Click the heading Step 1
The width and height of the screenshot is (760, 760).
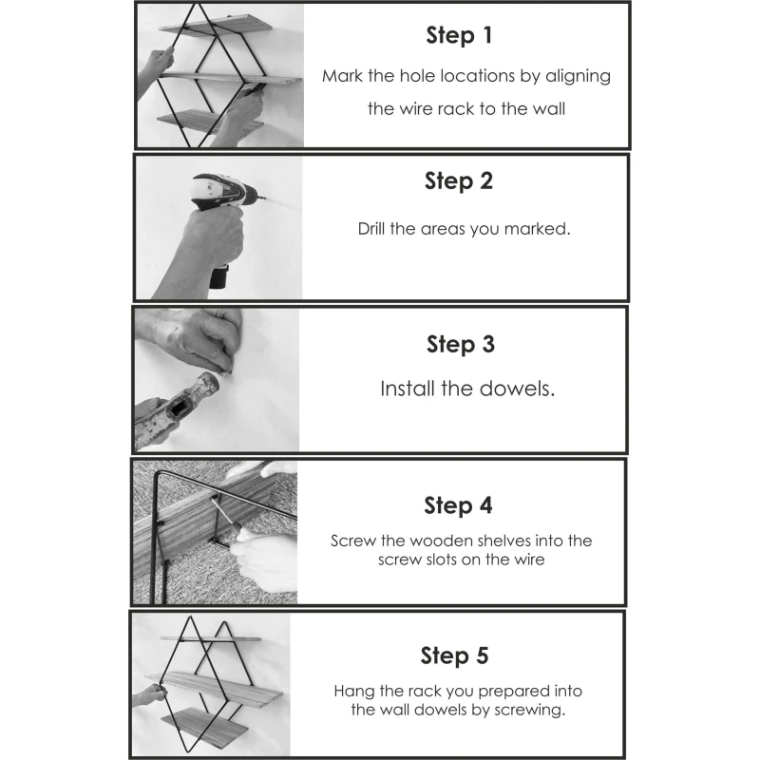[x=459, y=35]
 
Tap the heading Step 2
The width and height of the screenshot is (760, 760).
[x=459, y=181]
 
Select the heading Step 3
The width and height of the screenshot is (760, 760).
[x=461, y=344]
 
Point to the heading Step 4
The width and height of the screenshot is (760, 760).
[x=458, y=505]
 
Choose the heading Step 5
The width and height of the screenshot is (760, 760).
[x=455, y=655]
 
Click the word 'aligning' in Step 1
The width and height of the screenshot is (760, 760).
[x=579, y=77]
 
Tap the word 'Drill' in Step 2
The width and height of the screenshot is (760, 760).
[x=370, y=228]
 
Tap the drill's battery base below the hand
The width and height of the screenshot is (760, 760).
[x=218, y=276]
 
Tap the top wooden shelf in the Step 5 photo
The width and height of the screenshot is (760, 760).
[x=211, y=638]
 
